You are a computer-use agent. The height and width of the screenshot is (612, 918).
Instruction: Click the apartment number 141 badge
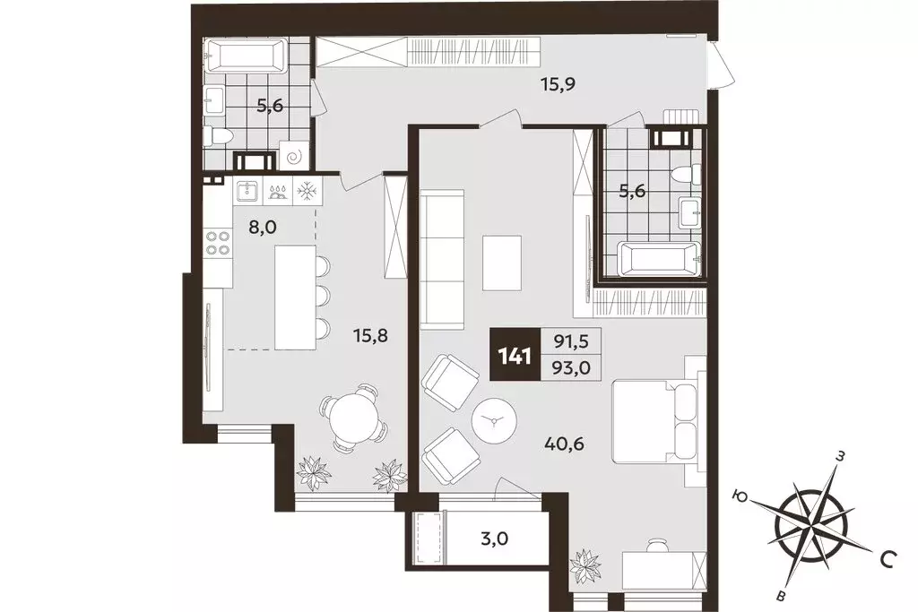coord(515,355)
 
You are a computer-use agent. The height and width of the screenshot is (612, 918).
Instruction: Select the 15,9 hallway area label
coord(558,84)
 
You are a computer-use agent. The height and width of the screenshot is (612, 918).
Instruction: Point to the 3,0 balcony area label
coord(494,537)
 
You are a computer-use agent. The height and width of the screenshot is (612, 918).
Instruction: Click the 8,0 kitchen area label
coord(262,227)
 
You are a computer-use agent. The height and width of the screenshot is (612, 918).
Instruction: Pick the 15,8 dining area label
coord(370,336)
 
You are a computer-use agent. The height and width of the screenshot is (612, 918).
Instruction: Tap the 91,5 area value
coord(572,341)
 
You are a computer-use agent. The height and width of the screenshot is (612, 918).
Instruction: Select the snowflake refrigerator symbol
coord(306,191)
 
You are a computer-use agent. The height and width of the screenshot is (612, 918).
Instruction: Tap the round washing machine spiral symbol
coord(293,156)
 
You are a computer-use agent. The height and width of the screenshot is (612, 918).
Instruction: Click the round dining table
coord(353,419)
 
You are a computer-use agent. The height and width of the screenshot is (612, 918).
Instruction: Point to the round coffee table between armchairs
coord(494,420)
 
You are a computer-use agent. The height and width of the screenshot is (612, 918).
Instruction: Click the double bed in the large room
coord(655,421)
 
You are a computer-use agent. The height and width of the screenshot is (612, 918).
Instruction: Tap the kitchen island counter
coord(296,297)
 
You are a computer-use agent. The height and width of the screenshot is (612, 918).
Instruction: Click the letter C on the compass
coord(888,561)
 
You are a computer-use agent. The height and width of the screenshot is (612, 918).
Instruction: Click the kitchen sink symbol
coord(247,191)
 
